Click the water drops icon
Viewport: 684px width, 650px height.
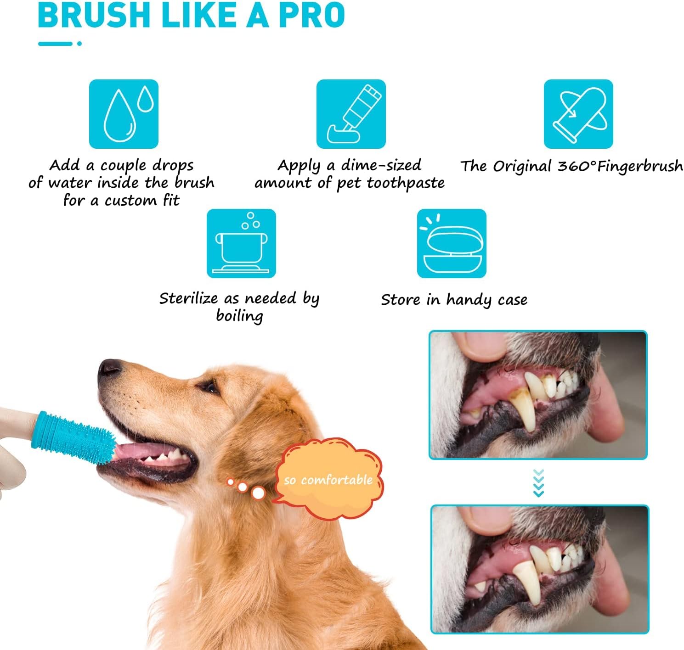[x=124, y=114]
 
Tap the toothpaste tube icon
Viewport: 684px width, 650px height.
[x=351, y=114]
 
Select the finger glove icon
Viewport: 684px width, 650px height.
[x=578, y=114]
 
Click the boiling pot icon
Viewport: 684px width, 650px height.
[x=241, y=243]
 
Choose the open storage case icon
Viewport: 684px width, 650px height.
[x=452, y=243]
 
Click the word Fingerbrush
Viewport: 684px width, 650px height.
[x=640, y=166]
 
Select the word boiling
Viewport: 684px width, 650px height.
[x=239, y=316]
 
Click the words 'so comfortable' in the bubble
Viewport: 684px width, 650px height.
[x=328, y=480]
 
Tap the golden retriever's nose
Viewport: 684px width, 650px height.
[x=109, y=367]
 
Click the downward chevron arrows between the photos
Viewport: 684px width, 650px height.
[x=538, y=483]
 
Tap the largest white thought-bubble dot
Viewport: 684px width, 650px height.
[x=259, y=493]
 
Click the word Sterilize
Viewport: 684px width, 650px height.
[x=188, y=298]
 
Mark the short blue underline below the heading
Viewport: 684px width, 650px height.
[x=56, y=44]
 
